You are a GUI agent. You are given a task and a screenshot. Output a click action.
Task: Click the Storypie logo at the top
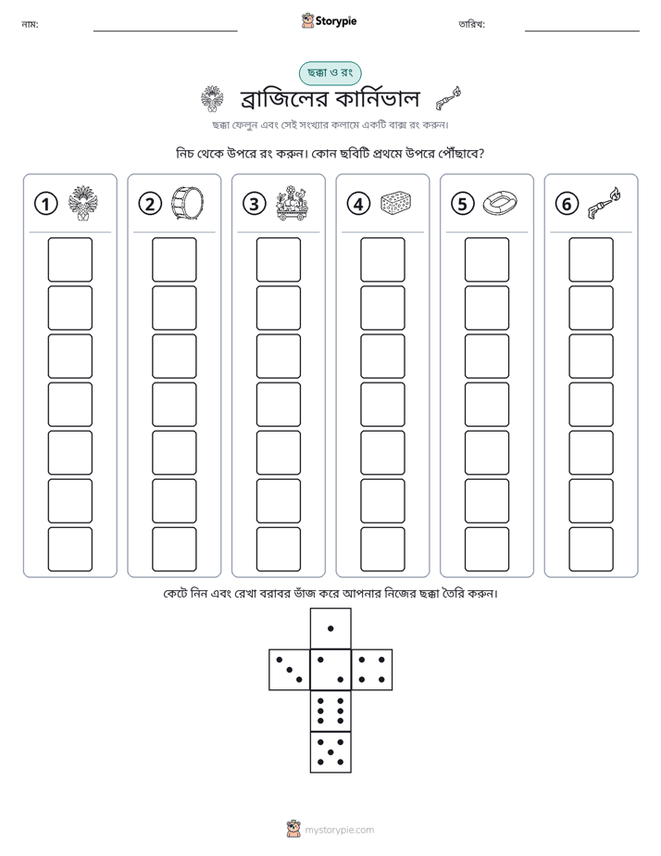pyautogui.click(x=329, y=20)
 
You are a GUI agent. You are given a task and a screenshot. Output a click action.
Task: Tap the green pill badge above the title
pyautogui.click(x=330, y=72)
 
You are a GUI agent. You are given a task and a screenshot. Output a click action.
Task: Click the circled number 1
pyautogui.click(x=45, y=204)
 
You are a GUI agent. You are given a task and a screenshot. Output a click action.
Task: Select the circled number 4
pyautogui.click(x=358, y=204)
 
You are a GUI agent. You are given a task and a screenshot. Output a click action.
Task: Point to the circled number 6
pyautogui.click(x=567, y=204)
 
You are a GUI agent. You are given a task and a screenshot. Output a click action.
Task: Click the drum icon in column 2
pyautogui.click(x=187, y=203)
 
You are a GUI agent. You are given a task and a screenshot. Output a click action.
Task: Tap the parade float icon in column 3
pyautogui.click(x=292, y=203)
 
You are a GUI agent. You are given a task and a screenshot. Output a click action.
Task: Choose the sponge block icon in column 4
pyautogui.click(x=395, y=203)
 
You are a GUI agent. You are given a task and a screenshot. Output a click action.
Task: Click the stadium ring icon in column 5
pyautogui.click(x=500, y=203)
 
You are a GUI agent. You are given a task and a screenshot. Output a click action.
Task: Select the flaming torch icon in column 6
pyautogui.click(x=605, y=203)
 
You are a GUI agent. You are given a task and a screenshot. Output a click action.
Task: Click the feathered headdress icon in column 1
pyautogui.click(x=83, y=203)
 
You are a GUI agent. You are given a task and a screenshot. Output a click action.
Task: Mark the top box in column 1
pyautogui.click(x=69, y=259)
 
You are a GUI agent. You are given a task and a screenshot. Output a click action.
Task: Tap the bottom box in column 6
pyautogui.click(x=591, y=549)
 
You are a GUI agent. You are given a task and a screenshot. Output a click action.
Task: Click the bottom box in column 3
pyautogui.click(x=278, y=549)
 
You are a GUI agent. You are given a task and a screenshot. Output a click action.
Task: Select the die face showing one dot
pyautogui.click(x=330, y=628)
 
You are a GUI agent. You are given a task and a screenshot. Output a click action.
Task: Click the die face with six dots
pyautogui.click(x=330, y=711)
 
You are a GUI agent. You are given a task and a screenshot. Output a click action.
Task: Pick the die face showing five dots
pyautogui.click(x=330, y=752)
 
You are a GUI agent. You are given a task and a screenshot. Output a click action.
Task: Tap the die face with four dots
pyautogui.click(x=372, y=670)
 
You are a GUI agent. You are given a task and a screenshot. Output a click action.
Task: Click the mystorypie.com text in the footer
pyautogui.click(x=339, y=830)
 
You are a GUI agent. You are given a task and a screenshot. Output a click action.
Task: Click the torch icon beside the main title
pyautogui.click(x=448, y=98)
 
